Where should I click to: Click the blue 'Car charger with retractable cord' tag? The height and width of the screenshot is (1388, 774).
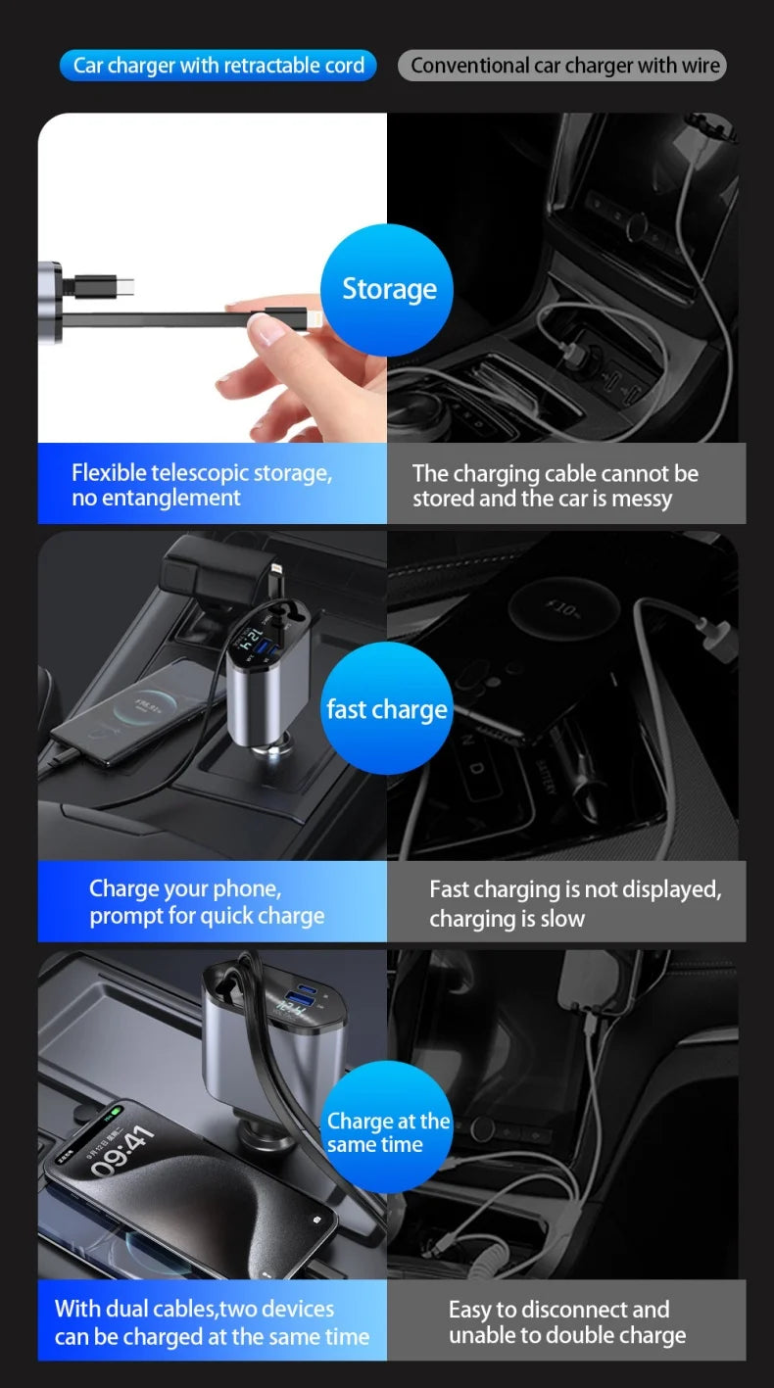point(218,66)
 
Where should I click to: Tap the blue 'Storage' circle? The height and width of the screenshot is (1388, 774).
point(388,289)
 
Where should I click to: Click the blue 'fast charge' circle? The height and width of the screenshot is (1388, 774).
point(387,709)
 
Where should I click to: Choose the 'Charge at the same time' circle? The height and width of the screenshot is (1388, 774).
point(387,1132)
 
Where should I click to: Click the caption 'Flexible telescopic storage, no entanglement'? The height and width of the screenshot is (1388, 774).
point(202,485)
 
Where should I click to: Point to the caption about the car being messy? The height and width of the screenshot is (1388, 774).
point(555,486)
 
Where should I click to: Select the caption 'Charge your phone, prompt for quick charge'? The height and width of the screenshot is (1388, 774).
point(207,902)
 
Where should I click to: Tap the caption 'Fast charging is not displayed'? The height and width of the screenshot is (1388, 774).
point(575,889)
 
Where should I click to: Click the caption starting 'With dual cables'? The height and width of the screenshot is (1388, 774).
point(212,1322)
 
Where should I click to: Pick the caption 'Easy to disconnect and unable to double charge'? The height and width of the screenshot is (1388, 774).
point(566,1322)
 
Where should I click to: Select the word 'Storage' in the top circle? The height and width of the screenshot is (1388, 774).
point(389,289)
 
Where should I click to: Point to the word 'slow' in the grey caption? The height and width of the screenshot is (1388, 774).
point(563,918)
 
